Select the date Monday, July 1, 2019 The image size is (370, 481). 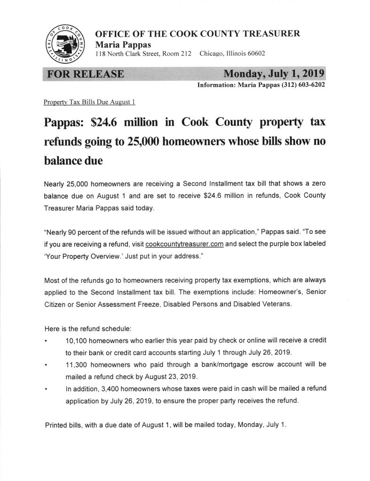tap(274, 74)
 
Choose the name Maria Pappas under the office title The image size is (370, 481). tap(118, 44)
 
